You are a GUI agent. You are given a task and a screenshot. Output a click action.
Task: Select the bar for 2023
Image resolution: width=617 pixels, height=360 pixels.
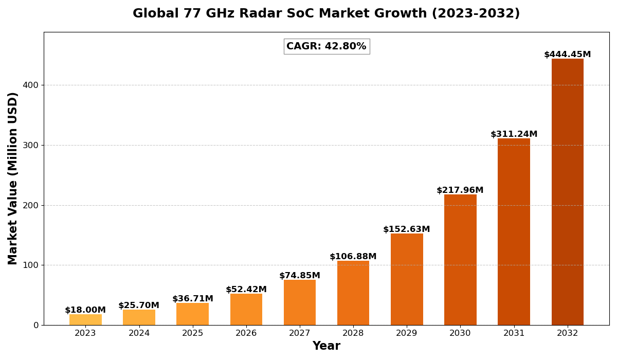85,320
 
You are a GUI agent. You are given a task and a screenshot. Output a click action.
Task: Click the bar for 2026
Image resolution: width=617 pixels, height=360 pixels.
246,310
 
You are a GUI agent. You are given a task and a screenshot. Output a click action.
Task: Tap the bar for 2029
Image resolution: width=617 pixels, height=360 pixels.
407,279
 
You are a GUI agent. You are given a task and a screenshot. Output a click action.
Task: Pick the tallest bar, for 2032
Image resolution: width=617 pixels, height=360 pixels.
568,192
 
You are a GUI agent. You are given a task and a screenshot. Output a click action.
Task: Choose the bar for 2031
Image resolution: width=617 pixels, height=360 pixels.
514,231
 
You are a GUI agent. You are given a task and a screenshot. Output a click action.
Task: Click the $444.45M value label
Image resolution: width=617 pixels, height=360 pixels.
568,55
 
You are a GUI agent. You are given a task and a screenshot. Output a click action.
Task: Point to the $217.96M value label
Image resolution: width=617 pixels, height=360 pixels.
460,190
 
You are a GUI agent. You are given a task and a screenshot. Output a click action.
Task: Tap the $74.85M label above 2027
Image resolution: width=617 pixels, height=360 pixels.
300,276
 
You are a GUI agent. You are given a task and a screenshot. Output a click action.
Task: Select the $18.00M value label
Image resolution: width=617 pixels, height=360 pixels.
85,310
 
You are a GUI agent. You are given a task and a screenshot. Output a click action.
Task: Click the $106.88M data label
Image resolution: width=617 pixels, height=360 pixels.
353,257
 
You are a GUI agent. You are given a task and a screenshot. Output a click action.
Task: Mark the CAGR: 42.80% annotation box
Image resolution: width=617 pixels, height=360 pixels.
326,46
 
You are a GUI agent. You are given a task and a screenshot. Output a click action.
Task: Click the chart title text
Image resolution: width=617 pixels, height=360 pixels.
326,14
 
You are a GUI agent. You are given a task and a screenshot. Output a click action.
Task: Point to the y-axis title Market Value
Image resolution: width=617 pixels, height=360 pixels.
13,178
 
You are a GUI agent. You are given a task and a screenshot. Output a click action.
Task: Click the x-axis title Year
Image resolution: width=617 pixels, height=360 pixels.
326,346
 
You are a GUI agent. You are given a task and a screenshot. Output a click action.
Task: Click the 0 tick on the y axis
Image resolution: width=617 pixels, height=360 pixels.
36,325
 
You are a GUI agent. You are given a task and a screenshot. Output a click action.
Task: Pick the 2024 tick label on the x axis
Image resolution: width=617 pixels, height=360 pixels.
139,333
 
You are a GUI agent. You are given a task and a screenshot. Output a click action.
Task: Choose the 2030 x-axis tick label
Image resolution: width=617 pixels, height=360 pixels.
460,333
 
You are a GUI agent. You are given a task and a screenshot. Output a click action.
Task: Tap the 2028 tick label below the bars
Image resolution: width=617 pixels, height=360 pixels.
353,333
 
